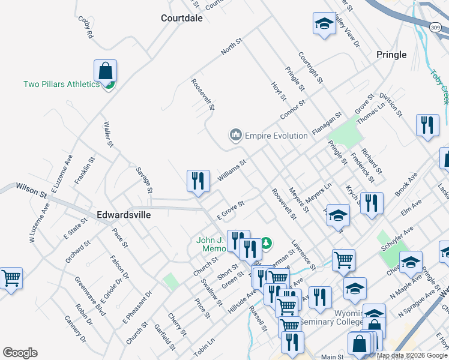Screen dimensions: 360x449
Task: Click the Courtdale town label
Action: (182, 18)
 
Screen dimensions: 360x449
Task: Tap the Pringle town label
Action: (391, 55)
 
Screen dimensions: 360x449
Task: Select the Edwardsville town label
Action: (124, 214)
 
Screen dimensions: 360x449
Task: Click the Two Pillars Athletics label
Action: (61, 84)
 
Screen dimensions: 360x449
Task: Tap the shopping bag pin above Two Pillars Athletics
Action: (105, 71)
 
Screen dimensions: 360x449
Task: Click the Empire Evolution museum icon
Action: (235, 136)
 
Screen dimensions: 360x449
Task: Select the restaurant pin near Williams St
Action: (198, 181)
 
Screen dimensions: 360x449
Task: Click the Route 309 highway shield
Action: (436, 28)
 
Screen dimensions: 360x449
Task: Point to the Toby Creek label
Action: (441, 88)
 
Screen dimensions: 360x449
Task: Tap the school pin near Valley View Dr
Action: (324, 25)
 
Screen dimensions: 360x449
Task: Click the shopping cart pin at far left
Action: (11, 278)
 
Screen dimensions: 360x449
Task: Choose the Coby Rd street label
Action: (86, 28)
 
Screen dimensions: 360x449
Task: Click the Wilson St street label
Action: (31, 191)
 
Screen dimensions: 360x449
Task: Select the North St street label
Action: (231, 47)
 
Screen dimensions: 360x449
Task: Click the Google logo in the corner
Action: (20, 353)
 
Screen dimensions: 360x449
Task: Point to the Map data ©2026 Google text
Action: (412, 355)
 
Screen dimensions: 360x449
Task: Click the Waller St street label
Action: (109, 134)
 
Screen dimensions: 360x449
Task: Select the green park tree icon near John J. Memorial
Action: (266, 243)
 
